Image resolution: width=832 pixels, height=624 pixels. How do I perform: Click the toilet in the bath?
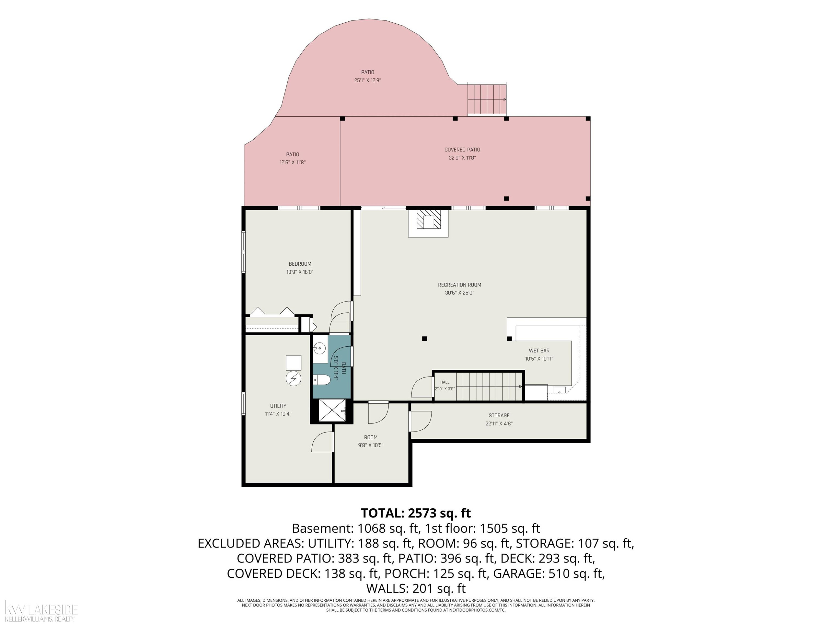pos(322,380)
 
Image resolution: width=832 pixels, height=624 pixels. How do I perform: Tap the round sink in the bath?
pos(320,348)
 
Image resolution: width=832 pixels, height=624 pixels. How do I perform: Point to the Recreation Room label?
pos(459,285)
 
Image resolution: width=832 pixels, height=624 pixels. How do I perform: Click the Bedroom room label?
pos(300,264)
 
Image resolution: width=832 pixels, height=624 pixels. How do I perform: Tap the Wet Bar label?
pos(539,351)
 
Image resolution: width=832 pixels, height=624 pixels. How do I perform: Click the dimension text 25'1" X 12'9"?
pos(367,80)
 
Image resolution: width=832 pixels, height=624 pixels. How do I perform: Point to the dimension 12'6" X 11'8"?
pos(292,163)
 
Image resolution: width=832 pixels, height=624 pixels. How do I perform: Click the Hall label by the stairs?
pos(445,382)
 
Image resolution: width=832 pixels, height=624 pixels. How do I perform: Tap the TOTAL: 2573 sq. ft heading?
pos(416,513)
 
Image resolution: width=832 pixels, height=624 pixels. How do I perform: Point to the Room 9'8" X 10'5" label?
pos(371,441)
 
